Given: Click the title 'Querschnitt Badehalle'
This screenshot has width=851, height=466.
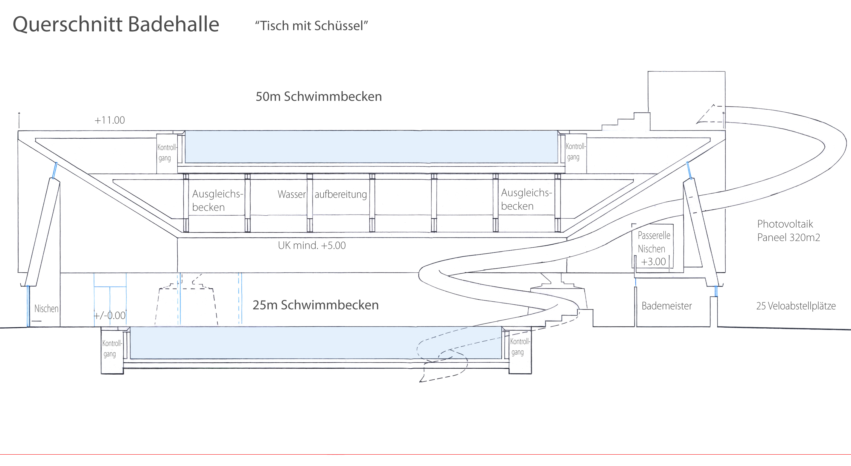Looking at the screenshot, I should (116, 24).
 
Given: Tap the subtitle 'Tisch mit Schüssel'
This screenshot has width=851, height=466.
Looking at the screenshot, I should (311, 26).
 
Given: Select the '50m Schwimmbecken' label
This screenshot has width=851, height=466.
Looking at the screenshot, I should (319, 96).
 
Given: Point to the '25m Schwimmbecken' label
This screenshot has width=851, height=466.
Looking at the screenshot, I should (316, 305).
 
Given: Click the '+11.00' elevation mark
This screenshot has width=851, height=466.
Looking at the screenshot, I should (110, 120).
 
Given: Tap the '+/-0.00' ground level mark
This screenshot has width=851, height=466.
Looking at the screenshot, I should (110, 315).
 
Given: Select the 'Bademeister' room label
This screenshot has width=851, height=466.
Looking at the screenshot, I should (666, 306).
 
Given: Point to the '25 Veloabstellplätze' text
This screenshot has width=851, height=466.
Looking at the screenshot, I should (796, 306).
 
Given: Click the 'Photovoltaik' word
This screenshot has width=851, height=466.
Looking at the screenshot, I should (785, 224).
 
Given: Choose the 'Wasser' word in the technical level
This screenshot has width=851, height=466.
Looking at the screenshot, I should (292, 194).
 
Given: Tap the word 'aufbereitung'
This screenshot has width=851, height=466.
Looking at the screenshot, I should (341, 194).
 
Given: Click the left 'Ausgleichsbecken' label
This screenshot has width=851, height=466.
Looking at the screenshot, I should (217, 200).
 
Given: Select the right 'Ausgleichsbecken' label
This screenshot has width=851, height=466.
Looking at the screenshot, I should (526, 199).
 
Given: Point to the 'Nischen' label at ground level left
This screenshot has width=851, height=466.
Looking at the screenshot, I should (46, 309).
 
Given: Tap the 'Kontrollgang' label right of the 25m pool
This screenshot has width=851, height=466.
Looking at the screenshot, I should (520, 347).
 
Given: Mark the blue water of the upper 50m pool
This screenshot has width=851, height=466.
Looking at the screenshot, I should (371, 147).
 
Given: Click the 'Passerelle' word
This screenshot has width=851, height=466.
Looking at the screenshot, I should (654, 235).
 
